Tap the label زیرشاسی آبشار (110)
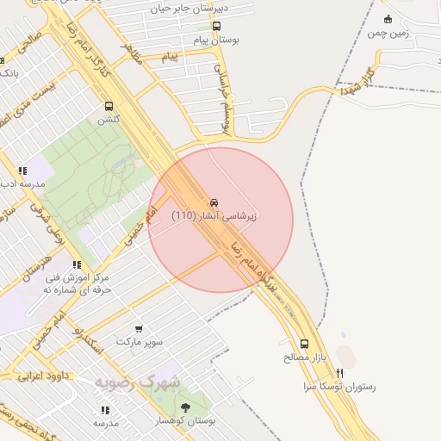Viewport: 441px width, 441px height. (214, 214)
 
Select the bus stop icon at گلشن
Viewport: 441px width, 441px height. (109, 107)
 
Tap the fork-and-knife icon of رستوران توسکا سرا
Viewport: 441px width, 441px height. (340, 373)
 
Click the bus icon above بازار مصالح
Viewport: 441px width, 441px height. (303, 343)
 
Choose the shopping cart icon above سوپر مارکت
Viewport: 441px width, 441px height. (139, 328)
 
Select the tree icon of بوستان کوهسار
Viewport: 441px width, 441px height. (185, 406)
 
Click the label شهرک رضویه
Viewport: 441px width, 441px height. (138, 382)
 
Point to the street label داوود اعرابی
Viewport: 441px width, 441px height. (44, 376)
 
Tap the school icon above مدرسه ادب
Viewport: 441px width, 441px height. (22, 171)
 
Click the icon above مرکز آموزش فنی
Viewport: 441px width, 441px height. (77, 264)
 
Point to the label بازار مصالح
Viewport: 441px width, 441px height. (298, 356)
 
